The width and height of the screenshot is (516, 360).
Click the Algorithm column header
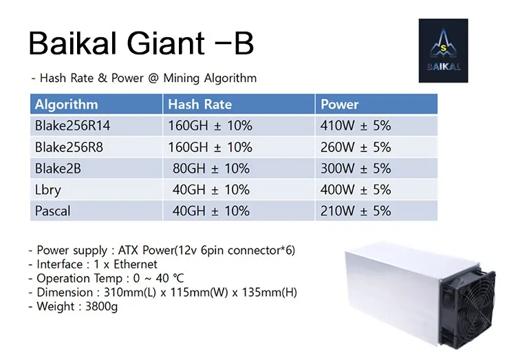coord(67,105)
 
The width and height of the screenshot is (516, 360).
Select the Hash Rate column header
coord(200,105)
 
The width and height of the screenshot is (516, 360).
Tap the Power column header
coord(340,105)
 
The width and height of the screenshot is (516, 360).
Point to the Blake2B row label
coord(58,169)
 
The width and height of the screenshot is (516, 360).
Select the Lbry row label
coord(49,189)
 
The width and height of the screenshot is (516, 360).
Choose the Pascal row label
coord(53,211)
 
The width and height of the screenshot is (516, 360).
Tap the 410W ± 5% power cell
coord(356,126)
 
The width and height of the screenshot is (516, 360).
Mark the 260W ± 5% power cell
coord(356,147)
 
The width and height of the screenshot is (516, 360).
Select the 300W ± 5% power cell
coord(356,169)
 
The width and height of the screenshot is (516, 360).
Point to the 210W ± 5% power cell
coord(356,211)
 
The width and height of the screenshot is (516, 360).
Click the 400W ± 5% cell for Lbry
coord(356,189)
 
